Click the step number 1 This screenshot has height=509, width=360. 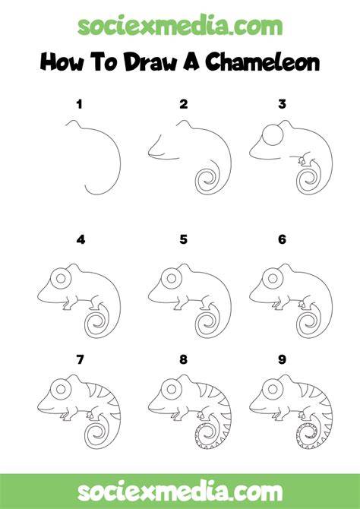pos(79,105)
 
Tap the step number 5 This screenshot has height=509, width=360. pos(183,239)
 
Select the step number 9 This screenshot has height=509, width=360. pos(282,359)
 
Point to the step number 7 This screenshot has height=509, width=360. pos(80,359)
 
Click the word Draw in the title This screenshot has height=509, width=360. pos(150,62)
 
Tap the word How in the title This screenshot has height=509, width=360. pos(62,62)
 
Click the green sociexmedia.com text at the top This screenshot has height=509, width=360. pos(180,27)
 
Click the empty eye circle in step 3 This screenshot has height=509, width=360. pos(273,134)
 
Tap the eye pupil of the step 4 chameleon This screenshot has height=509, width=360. pos(60,278)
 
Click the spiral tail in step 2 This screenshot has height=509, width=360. pos(208,178)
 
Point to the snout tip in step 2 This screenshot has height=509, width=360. pos(150,153)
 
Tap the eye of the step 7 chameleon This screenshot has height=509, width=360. pos(60,388)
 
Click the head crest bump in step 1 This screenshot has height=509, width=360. pos(73,123)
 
